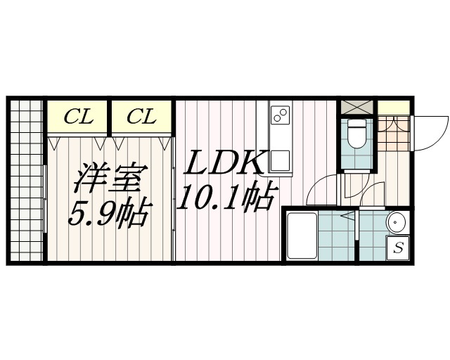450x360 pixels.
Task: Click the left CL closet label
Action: [x=78, y=117]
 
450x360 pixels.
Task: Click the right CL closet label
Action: [x=141, y=117]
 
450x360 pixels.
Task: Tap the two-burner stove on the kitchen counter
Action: [x=280, y=114]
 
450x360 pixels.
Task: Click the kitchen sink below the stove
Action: [x=280, y=161]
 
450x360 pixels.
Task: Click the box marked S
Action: [x=398, y=248]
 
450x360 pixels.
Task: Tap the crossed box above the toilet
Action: [x=357, y=108]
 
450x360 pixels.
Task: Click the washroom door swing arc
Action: [x=371, y=194]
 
